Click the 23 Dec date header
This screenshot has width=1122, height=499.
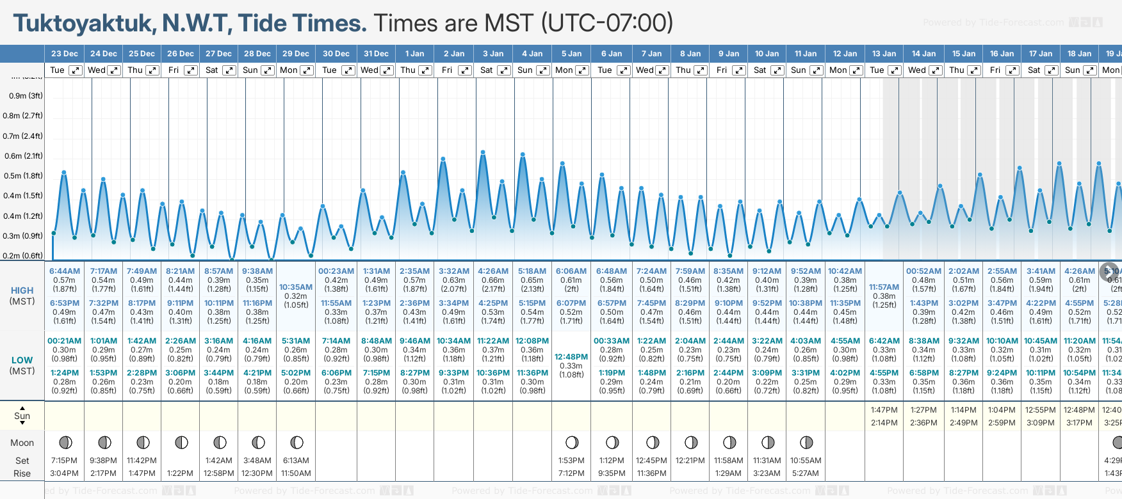click(x=65, y=54)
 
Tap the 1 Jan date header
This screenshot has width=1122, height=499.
click(x=414, y=54)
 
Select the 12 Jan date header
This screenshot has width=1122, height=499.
click(x=845, y=54)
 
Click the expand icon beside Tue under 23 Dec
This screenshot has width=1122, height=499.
click(x=76, y=70)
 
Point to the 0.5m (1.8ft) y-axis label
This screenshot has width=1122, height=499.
click(x=22, y=176)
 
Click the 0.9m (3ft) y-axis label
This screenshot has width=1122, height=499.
click(x=26, y=96)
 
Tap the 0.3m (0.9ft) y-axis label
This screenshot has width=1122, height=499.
click(x=22, y=236)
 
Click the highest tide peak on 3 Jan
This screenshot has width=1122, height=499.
click(x=483, y=152)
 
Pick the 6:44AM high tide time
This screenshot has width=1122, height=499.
click(x=65, y=271)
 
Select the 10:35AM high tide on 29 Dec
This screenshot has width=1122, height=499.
click(x=296, y=287)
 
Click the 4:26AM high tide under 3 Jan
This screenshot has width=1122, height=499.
click(x=493, y=271)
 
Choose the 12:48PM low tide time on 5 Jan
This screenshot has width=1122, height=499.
click(x=571, y=357)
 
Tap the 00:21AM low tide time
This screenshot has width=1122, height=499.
click(x=65, y=341)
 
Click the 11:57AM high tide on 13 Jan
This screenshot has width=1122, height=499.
click(x=884, y=287)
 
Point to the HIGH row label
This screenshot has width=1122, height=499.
click(x=22, y=290)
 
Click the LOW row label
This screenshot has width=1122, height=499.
click(x=22, y=360)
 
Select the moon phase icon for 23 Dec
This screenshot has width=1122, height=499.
click(x=65, y=442)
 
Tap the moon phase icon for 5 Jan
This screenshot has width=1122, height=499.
click(x=572, y=442)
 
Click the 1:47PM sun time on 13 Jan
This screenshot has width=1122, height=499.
click(x=884, y=410)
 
